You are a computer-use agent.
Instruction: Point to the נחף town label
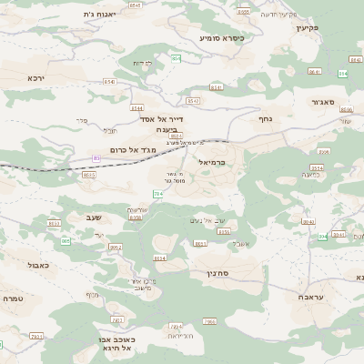[266, 118]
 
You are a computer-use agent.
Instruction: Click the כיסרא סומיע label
[222, 38]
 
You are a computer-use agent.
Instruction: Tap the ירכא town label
[35, 77]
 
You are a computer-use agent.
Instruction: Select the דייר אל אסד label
[162, 118]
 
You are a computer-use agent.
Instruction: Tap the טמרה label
[12, 298]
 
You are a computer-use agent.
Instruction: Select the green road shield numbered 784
[157, 194]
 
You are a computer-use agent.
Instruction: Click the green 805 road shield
[66, 241]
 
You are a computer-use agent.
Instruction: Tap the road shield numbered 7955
[209, 321]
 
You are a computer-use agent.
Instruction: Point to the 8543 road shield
[193, 101]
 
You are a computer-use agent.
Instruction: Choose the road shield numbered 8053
[55, 223]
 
